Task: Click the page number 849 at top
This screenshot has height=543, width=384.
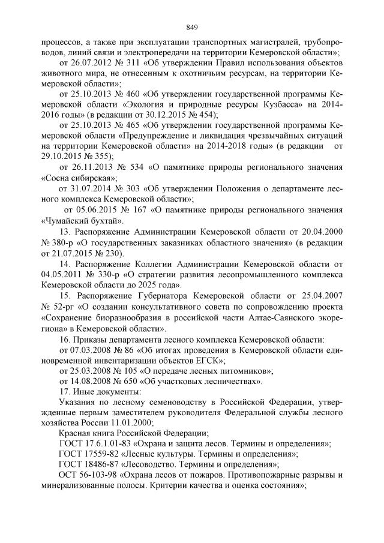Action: tap(192, 27)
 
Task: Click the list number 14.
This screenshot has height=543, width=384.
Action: tap(64, 263)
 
